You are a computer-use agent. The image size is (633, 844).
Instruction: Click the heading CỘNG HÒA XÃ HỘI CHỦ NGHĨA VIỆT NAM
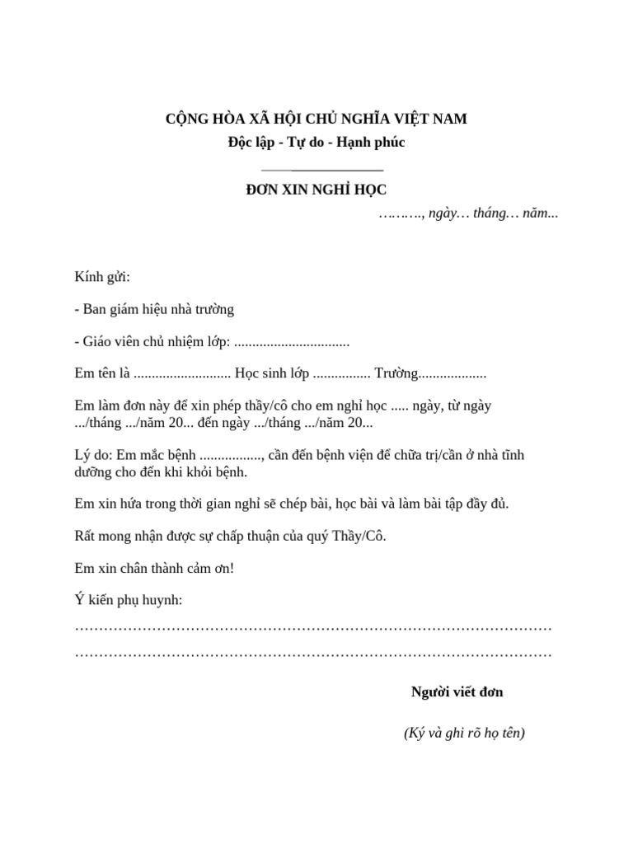coord(316,119)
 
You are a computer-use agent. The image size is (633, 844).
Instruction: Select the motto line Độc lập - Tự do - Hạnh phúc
coord(316,143)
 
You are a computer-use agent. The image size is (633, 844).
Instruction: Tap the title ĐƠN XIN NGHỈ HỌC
coord(316,190)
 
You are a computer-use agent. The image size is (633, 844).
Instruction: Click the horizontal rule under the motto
coord(316,168)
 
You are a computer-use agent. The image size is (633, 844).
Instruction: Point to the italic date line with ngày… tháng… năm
coord(468,213)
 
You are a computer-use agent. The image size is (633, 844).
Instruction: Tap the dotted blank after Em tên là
coord(181,374)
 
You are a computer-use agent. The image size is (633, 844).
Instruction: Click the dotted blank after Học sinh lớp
coord(342,374)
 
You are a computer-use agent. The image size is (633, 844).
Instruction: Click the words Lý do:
coord(93,456)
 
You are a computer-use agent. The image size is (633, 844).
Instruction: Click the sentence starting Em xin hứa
coord(292,504)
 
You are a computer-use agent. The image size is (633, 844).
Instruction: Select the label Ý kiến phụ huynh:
coord(129,600)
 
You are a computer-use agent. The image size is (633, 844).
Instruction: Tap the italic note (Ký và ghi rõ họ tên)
coord(464,733)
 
